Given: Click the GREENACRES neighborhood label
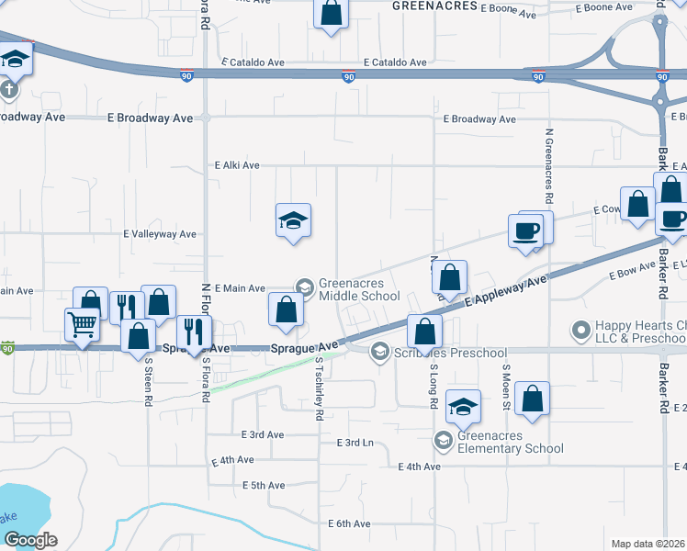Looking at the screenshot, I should [434, 6].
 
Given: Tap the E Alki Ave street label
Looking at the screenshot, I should [237, 166].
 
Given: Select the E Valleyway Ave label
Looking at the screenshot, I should [161, 234].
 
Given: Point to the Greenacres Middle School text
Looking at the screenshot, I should [359, 290].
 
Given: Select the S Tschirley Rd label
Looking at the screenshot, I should [319, 388].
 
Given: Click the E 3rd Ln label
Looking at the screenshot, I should [355, 443].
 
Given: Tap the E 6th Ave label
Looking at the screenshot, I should [349, 523].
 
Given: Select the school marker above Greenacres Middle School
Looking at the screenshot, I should [293, 220].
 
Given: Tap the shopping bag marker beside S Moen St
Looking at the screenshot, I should [532, 399].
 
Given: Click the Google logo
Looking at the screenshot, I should [30, 540].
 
